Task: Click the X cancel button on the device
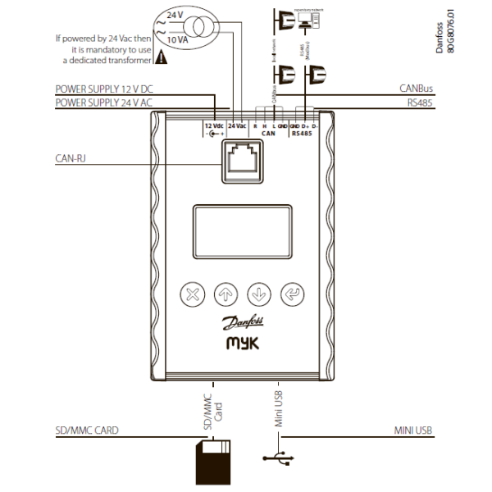(193, 293)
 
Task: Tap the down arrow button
(257, 293)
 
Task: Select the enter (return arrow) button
(289, 293)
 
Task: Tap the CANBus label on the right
(415, 88)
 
